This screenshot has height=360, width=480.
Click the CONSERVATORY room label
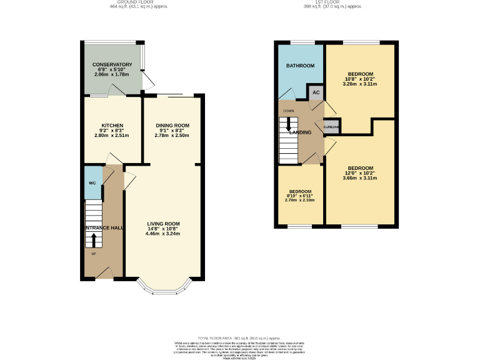112,64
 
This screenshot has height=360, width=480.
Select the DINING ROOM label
172,125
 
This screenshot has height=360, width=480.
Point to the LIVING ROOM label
163,224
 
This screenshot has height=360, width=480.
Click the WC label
92,183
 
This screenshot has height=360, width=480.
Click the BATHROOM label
300,66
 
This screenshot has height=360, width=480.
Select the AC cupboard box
316,92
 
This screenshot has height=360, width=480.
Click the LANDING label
300,132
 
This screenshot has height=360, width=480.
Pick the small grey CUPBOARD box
331,127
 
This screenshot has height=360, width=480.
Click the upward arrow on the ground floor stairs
94,240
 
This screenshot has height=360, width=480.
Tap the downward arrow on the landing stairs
288,124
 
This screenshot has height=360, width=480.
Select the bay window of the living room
163,287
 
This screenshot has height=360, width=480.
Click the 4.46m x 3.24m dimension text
163,234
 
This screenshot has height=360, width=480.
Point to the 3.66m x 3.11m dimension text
361,178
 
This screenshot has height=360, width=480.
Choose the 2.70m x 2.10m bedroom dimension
300,201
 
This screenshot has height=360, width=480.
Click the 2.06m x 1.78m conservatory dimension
112,74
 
